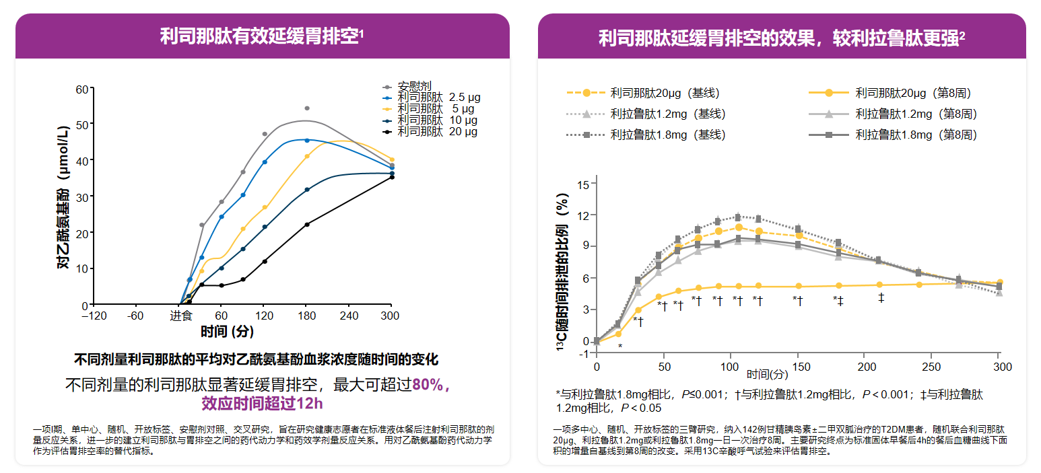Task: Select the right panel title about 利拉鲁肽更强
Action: [780, 38]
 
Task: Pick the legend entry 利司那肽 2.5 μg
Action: [438, 98]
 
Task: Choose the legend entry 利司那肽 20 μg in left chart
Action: [437, 131]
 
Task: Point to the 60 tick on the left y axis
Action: [82, 89]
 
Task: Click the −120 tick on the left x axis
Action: [94, 316]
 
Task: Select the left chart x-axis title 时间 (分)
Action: [227, 331]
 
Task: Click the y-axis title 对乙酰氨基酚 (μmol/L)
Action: [63, 196]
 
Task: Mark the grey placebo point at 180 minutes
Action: [307, 108]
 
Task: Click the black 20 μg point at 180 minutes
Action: [307, 224]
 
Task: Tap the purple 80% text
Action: [428, 386]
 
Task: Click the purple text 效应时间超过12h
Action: [263, 404]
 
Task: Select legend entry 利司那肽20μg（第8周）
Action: [912, 93]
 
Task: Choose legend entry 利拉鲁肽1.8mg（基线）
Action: [668, 135]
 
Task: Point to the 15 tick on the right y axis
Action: [583, 184]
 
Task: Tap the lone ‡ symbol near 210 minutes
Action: [881, 297]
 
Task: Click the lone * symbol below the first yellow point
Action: [620, 346]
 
